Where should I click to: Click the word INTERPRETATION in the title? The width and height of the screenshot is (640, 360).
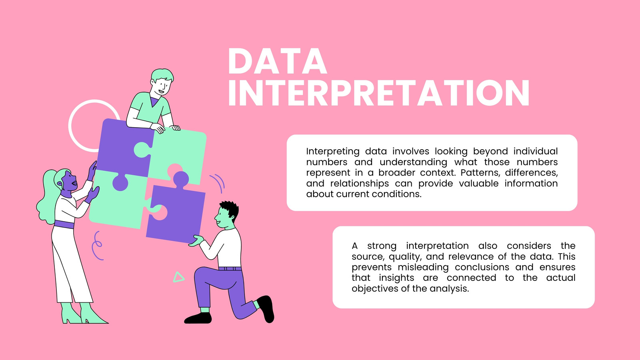coord(379,93)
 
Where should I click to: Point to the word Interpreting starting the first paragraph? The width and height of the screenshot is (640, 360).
coord(333,152)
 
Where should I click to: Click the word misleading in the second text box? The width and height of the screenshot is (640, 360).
coord(423,268)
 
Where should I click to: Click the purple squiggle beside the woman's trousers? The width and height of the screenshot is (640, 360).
coord(97,246)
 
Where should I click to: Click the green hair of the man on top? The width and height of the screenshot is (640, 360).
coord(162,74)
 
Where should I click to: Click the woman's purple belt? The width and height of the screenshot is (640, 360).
coord(64,224)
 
